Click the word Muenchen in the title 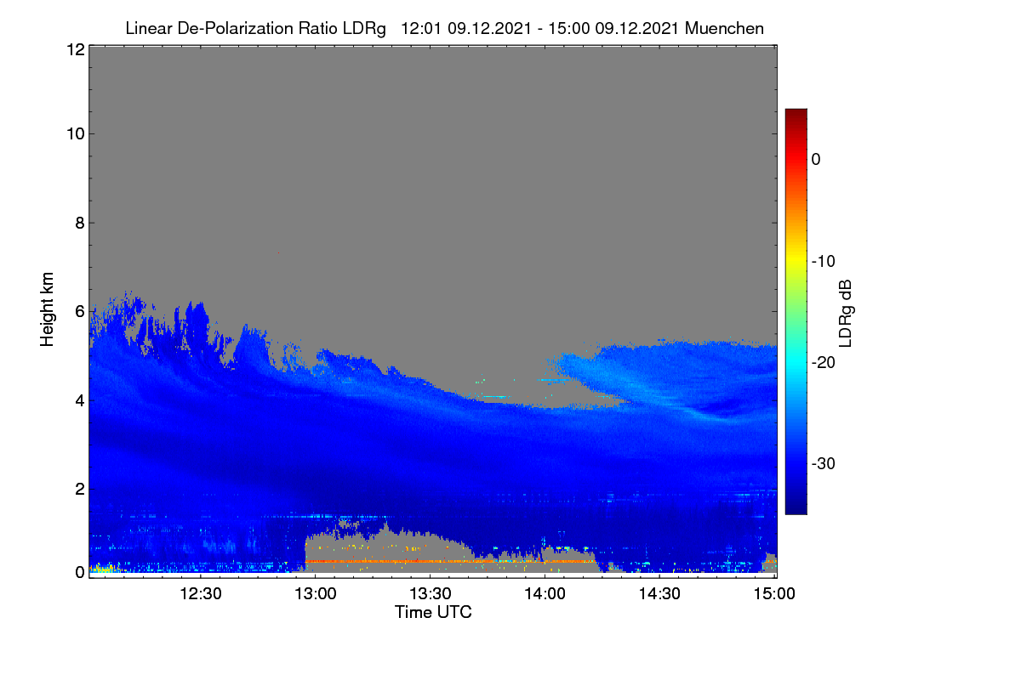coord(724,28)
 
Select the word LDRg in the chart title coord(364,29)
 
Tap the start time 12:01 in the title coord(421,28)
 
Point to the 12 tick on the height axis coord(76,49)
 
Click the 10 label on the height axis coord(76,134)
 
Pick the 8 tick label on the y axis coord(80,223)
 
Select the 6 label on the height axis coord(80,312)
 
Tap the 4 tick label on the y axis coord(80,401)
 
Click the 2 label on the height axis coord(80,489)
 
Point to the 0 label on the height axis coord(80,572)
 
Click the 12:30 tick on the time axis coord(201,593)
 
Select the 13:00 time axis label coord(316,593)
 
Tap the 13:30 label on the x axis coord(431,593)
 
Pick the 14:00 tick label coord(545,593)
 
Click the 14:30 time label coord(659,593)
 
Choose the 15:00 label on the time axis coord(774,593)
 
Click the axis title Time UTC coord(433,612)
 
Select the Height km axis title coord(47,309)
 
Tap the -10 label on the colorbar coord(824,262)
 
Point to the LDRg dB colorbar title coord(845,314)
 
